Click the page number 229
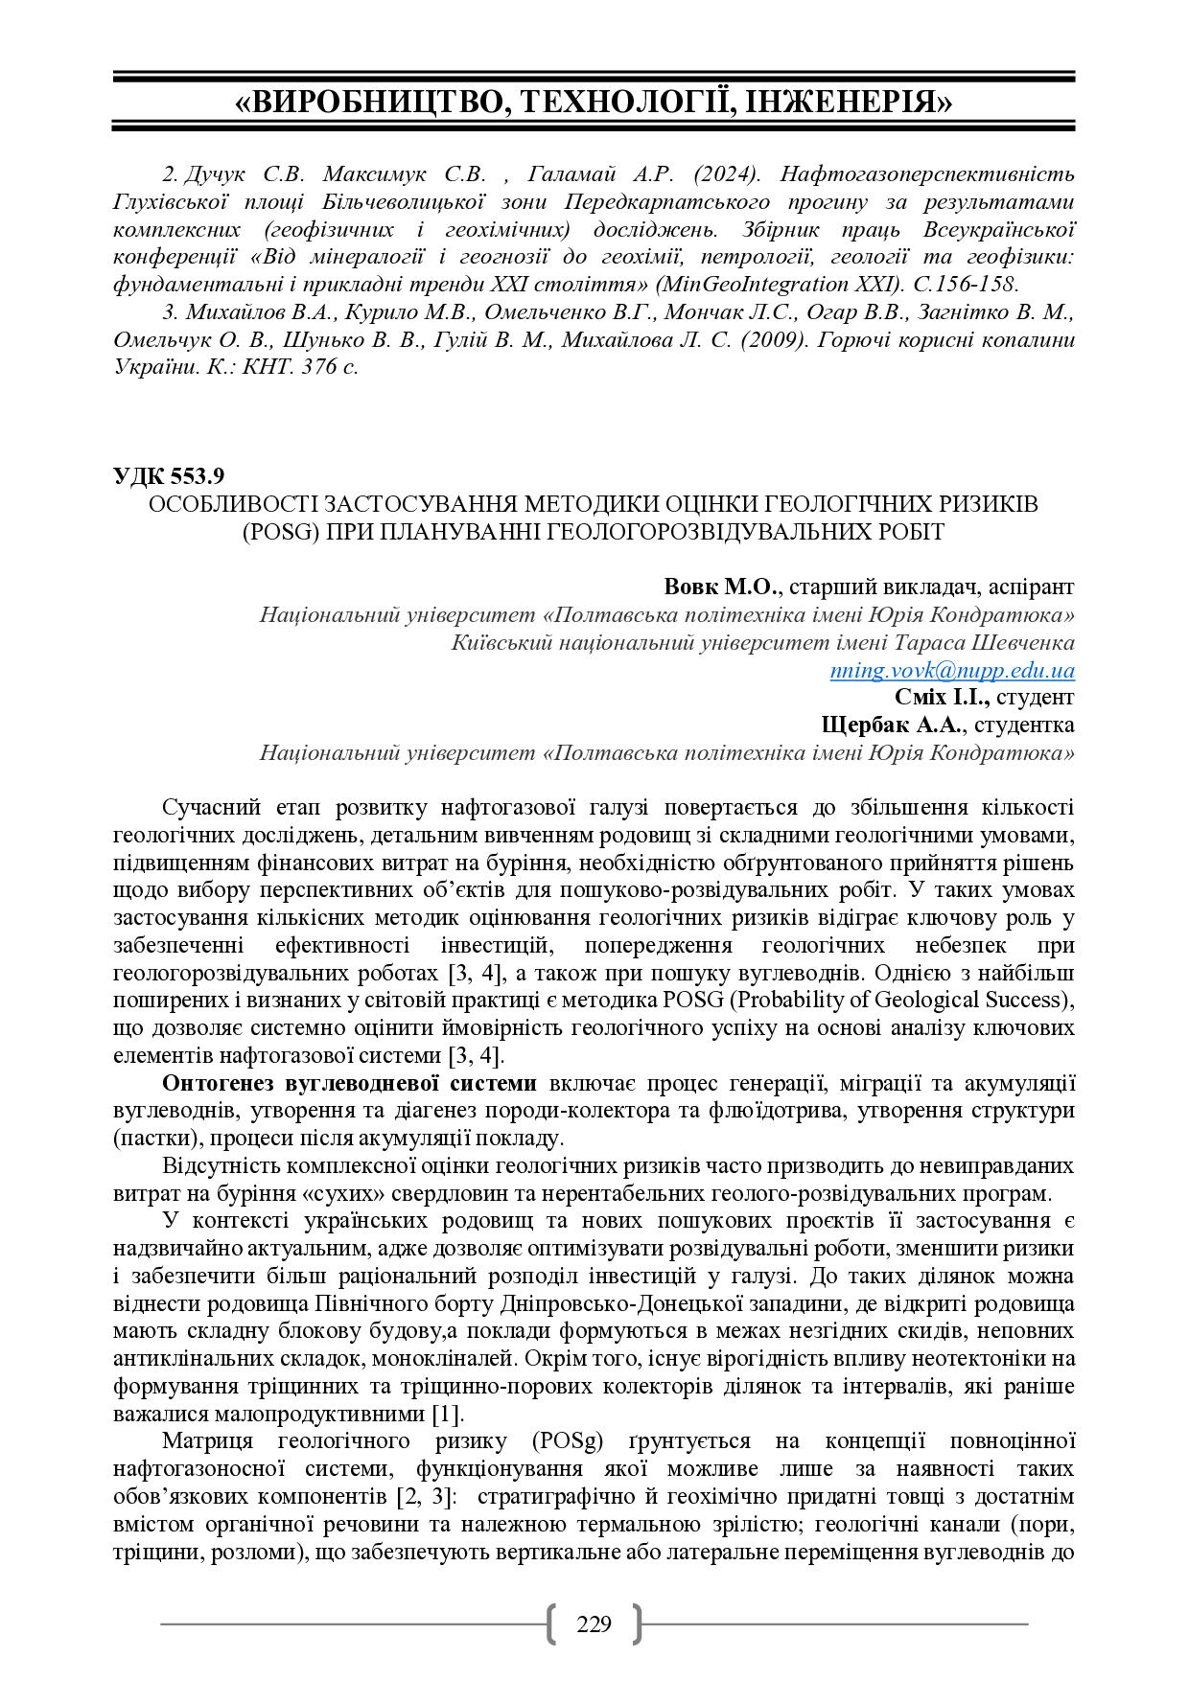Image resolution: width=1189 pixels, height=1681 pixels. pos(594,1624)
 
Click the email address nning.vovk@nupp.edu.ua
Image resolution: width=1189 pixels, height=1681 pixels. pos(952,670)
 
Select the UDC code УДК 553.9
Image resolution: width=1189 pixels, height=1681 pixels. pos(169,476)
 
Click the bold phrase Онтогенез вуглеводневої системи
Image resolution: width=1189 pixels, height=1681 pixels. pos(349,1083)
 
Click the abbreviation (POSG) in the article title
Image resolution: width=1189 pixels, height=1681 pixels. pos(279,532)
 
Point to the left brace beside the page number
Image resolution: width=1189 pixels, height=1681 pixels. pos(551,1624)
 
